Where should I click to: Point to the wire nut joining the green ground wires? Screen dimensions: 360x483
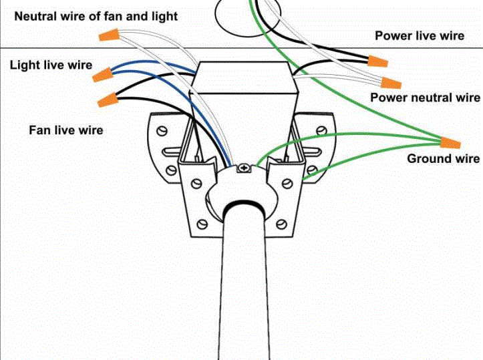[451, 142]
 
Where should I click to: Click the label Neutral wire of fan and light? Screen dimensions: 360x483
[96, 15]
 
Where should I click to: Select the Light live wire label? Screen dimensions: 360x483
[51, 65]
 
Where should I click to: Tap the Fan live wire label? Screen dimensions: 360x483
[65, 129]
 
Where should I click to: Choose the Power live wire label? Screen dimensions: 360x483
[419, 35]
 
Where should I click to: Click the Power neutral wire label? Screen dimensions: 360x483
[425, 98]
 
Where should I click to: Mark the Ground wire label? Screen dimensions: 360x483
[443, 159]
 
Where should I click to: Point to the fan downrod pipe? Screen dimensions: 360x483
[245, 287]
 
